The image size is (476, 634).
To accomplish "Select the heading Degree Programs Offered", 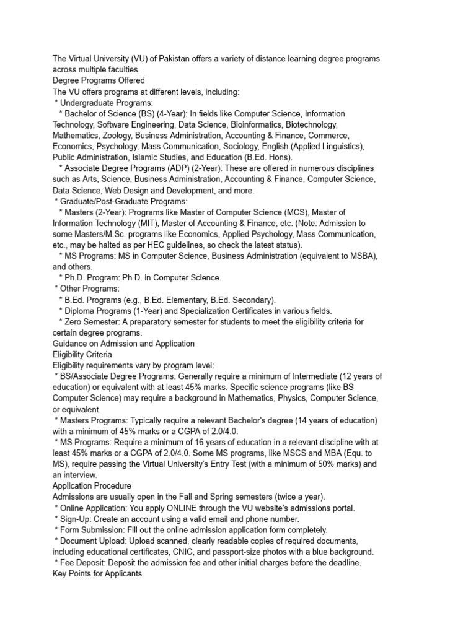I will pyautogui.click(x=99, y=80).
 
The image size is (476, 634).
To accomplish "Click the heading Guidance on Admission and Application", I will pyautogui.click(x=123, y=344).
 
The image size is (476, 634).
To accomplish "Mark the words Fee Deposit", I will pyautogui.click(x=84, y=562).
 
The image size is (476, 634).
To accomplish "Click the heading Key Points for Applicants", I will pyautogui.click(x=97, y=573).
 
